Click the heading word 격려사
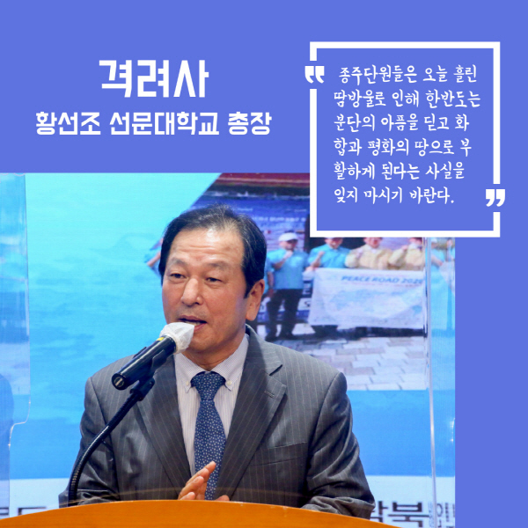(x=154, y=79)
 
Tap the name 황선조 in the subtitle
(x=69, y=123)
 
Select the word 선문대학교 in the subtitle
(x=165, y=123)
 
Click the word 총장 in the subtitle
(x=250, y=123)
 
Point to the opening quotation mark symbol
(x=314, y=75)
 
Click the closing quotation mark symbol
(x=495, y=197)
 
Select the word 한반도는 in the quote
(x=452, y=99)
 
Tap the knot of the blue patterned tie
(x=209, y=384)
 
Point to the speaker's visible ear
(x=255, y=300)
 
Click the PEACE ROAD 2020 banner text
(x=383, y=280)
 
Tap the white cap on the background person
(x=289, y=237)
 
